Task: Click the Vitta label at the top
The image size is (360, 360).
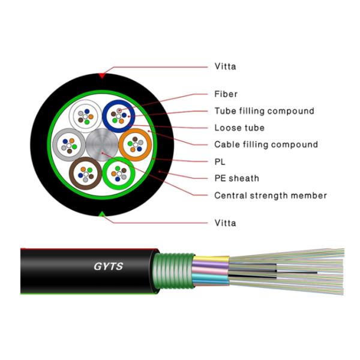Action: pos(225,67)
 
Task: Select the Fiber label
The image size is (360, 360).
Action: pos(226,94)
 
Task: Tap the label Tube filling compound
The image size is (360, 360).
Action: pos(264,111)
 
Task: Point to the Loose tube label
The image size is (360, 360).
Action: pos(239,128)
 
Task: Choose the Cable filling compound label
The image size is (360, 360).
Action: pos(266,145)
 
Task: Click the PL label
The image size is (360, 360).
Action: pos(220,161)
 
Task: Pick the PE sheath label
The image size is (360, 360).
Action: pos(236,178)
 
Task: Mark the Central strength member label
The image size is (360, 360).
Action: pos(270,196)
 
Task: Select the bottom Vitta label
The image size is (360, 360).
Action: pos(225,223)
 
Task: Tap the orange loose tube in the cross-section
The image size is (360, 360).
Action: pos(136,144)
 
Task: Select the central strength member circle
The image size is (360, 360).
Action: pos(101,144)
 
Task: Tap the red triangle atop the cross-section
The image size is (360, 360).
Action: pos(102,76)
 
